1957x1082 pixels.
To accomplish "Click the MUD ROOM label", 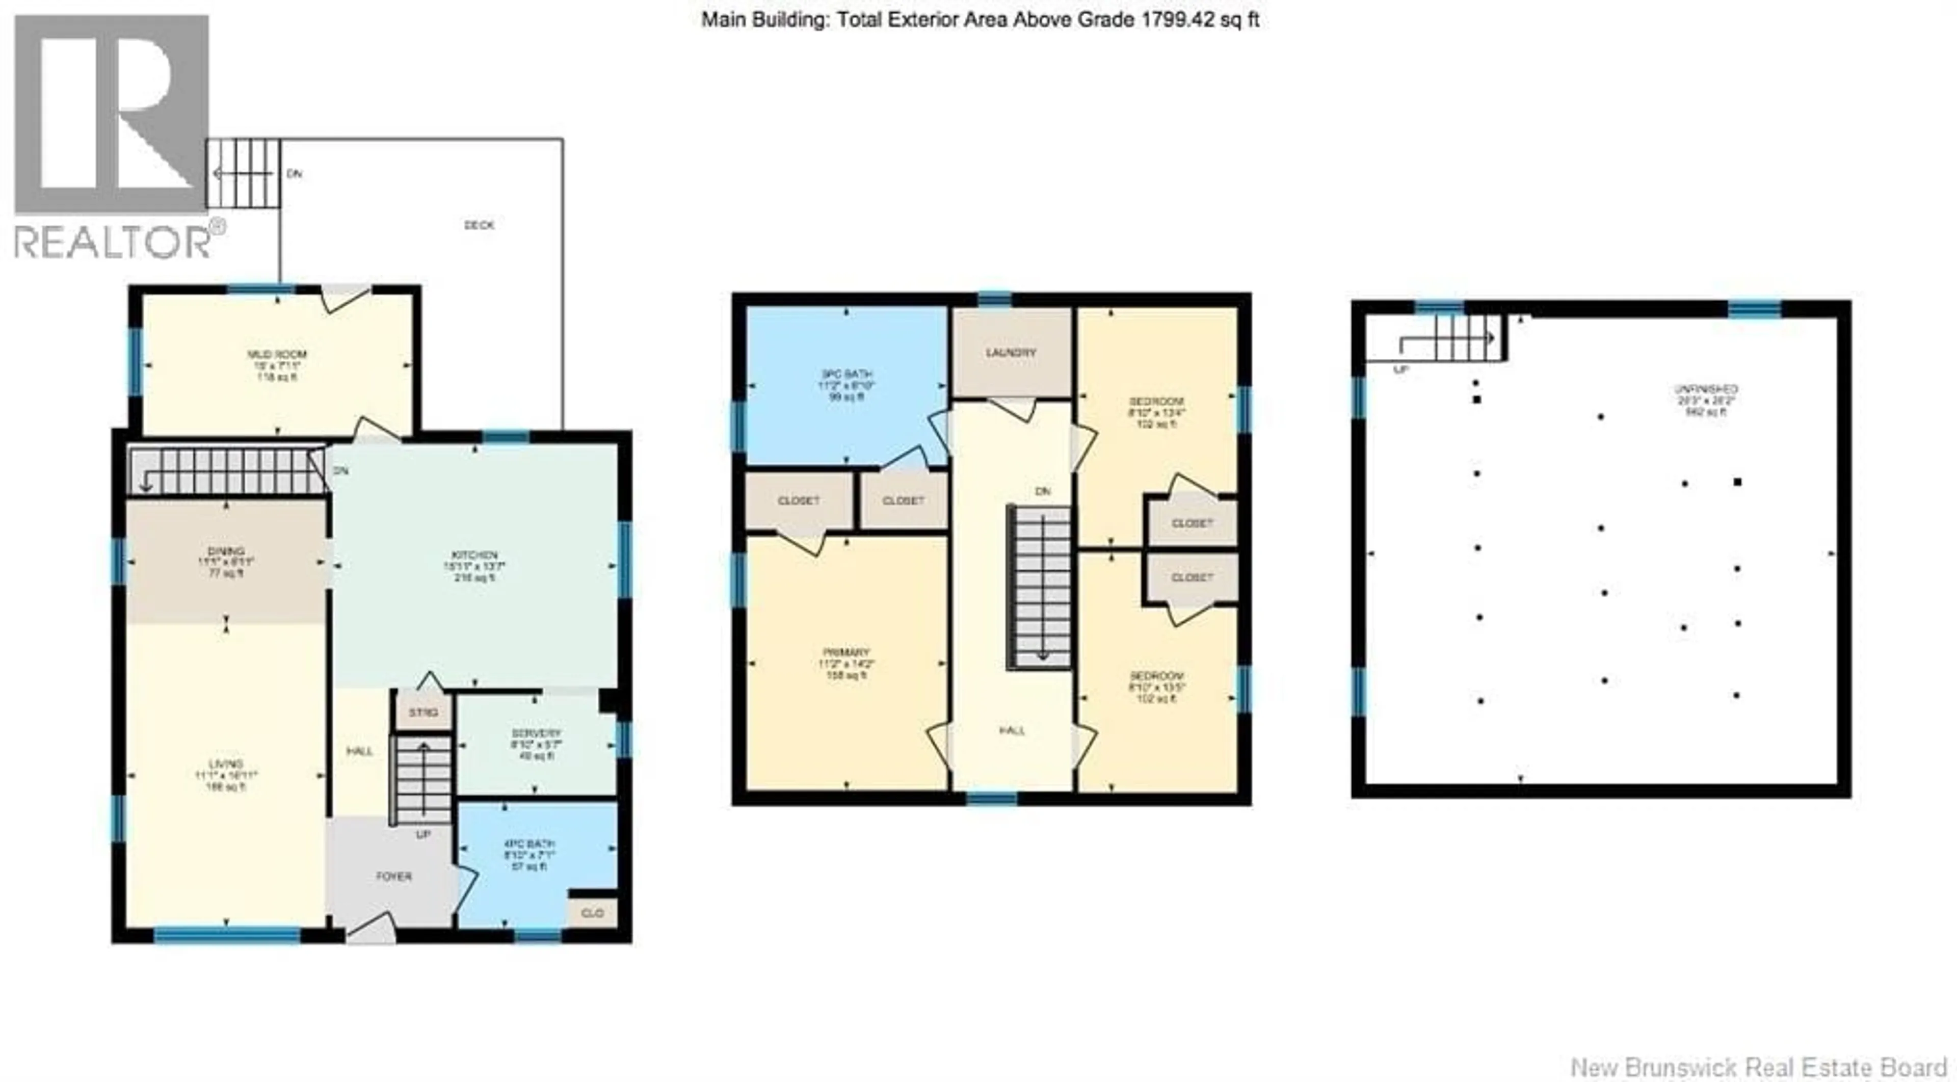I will click(277, 355).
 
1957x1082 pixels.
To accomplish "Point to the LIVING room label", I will click(226, 763).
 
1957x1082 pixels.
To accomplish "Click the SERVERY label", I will click(536, 734).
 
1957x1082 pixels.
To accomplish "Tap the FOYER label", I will click(393, 876).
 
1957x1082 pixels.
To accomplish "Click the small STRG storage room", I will click(423, 712).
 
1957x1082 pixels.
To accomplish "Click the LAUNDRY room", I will click(1011, 353).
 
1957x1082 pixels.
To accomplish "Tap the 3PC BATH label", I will click(847, 375).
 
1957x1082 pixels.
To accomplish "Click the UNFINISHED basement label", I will click(1706, 389).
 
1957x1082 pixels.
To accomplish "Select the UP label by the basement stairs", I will click(1401, 370).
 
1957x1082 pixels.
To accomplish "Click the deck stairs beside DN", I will click(243, 173).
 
